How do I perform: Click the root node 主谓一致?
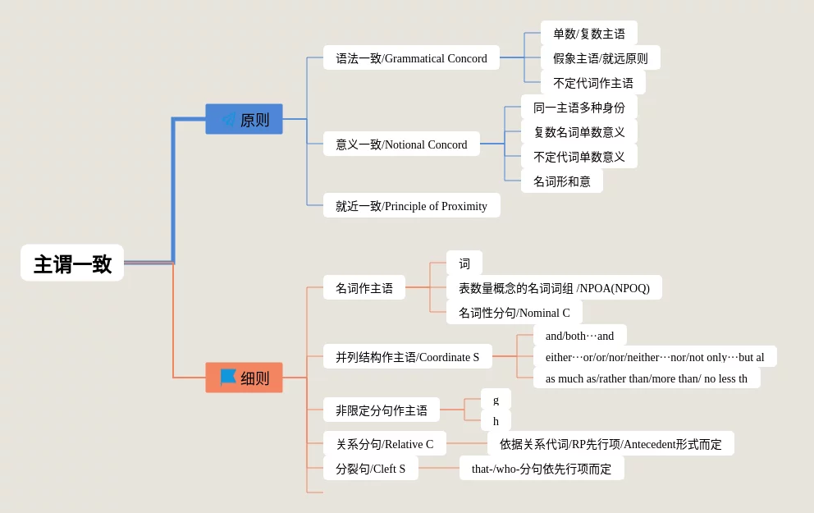point(72,263)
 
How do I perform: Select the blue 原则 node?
point(244,120)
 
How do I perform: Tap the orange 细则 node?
point(244,378)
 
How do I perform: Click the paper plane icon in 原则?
point(228,120)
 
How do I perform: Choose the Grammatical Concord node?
point(411,58)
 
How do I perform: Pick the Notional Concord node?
point(401,144)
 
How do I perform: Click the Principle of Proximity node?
point(411,206)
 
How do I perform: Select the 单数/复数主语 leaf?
point(588,34)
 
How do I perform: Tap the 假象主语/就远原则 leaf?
point(600,58)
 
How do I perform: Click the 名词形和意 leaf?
point(561,181)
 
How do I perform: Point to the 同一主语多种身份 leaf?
point(578,108)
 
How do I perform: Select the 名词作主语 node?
point(364,288)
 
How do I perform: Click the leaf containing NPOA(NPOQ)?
point(554,288)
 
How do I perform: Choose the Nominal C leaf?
point(514,313)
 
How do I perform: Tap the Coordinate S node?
point(407,357)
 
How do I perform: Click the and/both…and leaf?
point(579,336)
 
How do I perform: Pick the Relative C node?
point(384,444)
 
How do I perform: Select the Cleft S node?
point(370,469)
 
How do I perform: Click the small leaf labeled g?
point(496,400)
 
